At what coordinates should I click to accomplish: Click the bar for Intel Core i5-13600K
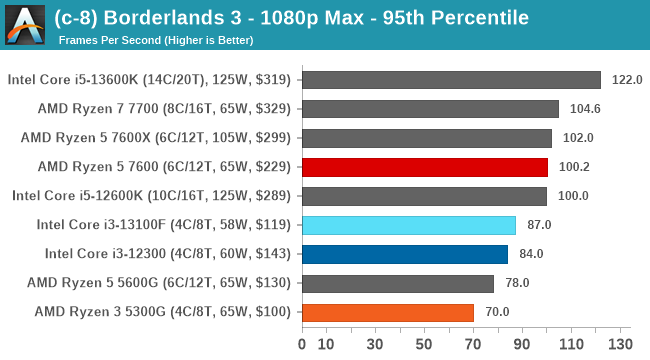[x=450, y=80]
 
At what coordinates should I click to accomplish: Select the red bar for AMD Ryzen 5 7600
[x=424, y=167]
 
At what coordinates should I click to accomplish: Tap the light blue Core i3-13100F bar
[x=408, y=225]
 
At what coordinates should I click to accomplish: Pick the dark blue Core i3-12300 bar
[x=404, y=254]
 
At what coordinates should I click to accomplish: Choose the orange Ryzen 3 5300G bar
[x=387, y=312]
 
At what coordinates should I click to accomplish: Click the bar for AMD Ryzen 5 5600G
[x=397, y=283]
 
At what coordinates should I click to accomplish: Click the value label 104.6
[x=584, y=109]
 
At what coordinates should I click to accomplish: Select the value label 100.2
[x=573, y=167]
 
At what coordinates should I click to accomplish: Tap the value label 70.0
[x=497, y=312]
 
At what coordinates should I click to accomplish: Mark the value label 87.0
[x=539, y=225]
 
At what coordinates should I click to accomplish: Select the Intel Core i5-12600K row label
[x=151, y=196]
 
